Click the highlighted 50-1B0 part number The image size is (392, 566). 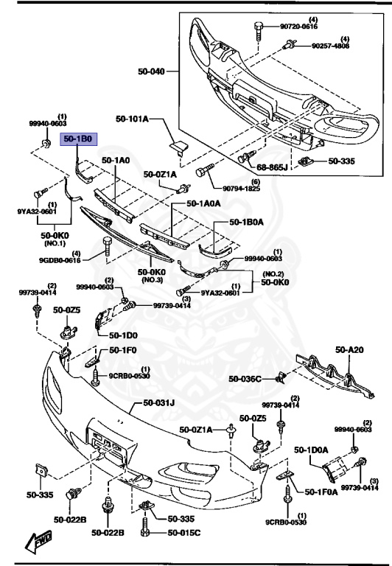pyautogui.click(x=77, y=138)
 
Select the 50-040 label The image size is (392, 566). pyautogui.click(x=152, y=71)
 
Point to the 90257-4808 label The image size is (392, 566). pyautogui.click(x=330, y=46)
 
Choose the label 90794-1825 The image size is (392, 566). pyautogui.click(x=234, y=189)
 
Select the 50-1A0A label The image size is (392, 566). pyautogui.click(x=203, y=203)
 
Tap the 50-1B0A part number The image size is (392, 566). pyautogui.click(x=247, y=221)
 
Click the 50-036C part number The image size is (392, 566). pyautogui.click(x=245, y=379)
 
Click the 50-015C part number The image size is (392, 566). pyautogui.click(x=184, y=532)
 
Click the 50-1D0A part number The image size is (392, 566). pyautogui.click(x=312, y=449)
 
